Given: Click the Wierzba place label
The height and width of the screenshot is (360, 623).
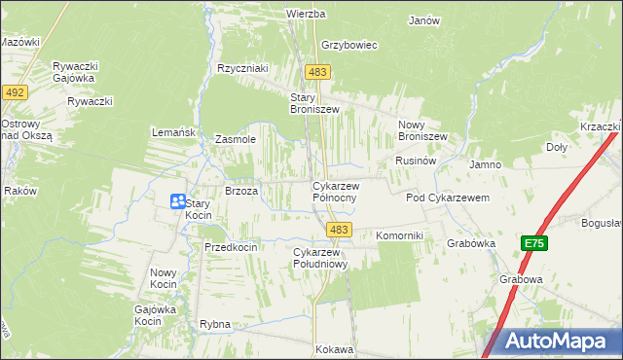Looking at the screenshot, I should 305,15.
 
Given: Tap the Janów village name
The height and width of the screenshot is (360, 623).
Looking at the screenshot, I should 424,20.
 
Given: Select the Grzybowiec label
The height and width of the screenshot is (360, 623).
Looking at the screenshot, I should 348,45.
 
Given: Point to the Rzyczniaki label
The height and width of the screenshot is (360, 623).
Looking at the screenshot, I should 242,68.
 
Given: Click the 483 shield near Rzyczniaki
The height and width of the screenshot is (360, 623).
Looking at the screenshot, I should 317,73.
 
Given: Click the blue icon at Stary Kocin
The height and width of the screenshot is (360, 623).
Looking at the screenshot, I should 178,201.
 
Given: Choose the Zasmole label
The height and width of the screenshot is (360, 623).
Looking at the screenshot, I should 235,139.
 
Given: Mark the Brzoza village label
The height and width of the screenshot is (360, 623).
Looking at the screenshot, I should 241,192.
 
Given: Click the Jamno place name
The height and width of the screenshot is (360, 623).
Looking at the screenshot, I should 485,165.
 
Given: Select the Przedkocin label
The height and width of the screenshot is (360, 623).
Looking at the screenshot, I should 231,247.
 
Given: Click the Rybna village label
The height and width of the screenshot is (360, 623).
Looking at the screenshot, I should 214,324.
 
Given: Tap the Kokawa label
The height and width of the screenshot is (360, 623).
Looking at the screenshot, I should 334,348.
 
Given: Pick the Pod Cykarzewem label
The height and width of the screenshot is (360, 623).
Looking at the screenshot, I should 447,198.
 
